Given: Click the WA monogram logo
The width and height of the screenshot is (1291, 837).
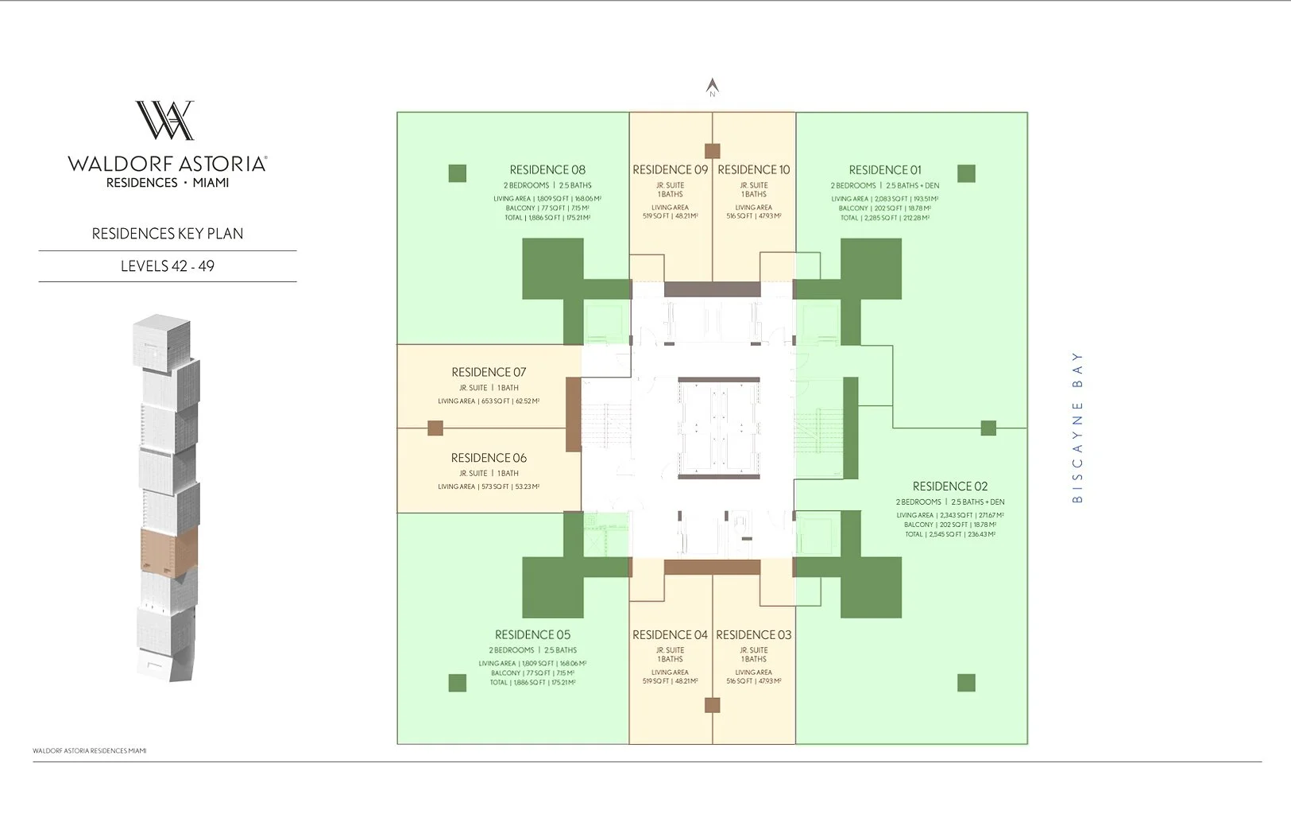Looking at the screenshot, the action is coord(165,121).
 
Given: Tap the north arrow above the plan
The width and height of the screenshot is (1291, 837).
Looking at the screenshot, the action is coord(713,87).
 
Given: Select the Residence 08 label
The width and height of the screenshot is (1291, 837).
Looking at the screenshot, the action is coord(547,170).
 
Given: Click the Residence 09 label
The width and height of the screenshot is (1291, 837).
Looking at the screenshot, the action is coord(670,170).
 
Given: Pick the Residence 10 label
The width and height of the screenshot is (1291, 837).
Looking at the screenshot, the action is coord(754,170).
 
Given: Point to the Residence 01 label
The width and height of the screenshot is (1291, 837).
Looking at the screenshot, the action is coord(885,170).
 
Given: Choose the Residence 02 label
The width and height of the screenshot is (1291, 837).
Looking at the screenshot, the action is coord(950,486).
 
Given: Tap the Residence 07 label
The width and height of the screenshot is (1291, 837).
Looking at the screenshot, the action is coord(489,372).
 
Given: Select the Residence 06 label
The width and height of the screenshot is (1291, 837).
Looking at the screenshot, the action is coord(489,458).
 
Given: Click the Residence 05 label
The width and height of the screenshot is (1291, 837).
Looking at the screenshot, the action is coord(532,635).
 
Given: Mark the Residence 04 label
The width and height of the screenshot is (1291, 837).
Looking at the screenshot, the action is coord(670,635).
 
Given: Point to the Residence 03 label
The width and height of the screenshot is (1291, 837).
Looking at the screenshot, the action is coord(754,635).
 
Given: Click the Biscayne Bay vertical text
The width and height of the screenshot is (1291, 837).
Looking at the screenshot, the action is coord(1077,427).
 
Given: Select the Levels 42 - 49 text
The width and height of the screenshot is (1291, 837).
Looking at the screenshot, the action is coord(168,266).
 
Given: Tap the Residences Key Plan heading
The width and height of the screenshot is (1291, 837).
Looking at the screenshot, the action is coord(168,234).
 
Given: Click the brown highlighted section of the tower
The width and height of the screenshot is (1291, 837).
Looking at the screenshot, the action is coord(168,549).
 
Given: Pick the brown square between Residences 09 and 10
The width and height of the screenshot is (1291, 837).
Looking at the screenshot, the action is coord(713,151).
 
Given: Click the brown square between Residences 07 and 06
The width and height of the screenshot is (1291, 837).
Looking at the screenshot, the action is coord(435,428).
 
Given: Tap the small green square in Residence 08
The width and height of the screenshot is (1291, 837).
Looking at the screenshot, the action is coord(458,173).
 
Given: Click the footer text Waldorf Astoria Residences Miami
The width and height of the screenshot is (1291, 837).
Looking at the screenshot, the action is coord(90,750).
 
